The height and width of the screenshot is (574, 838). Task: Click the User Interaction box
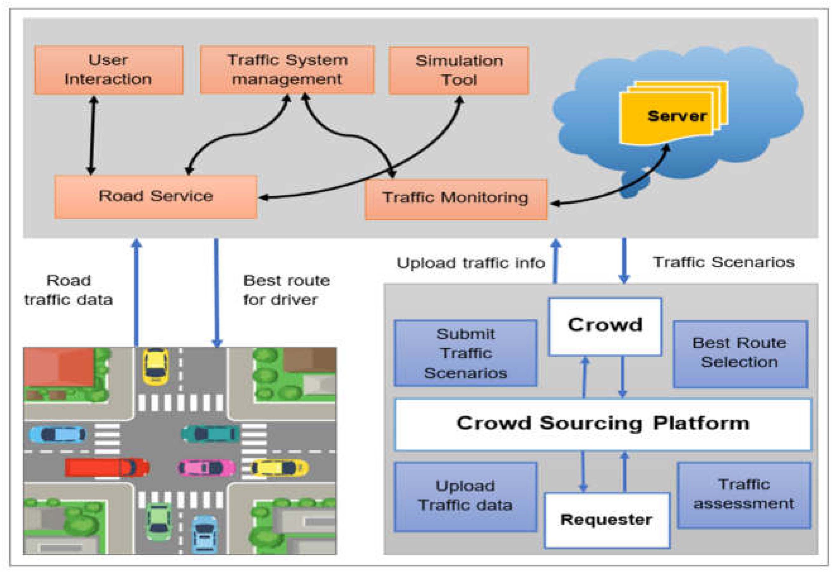108,70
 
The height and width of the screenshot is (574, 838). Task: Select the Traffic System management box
287,70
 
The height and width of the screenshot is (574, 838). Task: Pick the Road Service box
155,197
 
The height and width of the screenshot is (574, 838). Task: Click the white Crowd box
605,326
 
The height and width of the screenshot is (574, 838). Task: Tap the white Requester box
606,520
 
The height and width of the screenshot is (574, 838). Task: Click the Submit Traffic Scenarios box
465,353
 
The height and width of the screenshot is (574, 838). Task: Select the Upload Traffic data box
465,497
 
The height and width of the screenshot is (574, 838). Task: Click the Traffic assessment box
744,495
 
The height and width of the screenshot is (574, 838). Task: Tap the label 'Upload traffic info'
470,263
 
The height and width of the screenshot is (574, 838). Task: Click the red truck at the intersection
107,467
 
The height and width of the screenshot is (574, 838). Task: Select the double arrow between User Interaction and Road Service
92,135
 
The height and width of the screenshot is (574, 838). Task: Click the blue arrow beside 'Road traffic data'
136,292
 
